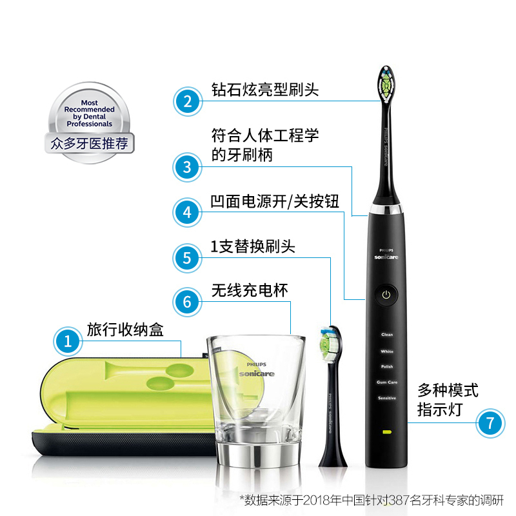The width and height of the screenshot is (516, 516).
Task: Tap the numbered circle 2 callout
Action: click(x=187, y=101)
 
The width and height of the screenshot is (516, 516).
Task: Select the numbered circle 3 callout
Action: click(x=187, y=167)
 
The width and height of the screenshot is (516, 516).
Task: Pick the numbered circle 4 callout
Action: click(x=187, y=212)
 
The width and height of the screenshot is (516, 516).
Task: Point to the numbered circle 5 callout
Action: click(x=187, y=258)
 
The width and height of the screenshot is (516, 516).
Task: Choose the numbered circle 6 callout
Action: click(x=187, y=302)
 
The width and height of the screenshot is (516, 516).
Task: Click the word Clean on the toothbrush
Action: click(x=387, y=335)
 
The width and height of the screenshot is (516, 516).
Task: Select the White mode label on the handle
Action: click(x=387, y=352)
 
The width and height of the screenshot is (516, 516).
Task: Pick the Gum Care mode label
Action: click(x=387, y=382)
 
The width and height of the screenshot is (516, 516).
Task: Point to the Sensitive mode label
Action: click(x=387, y=398)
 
